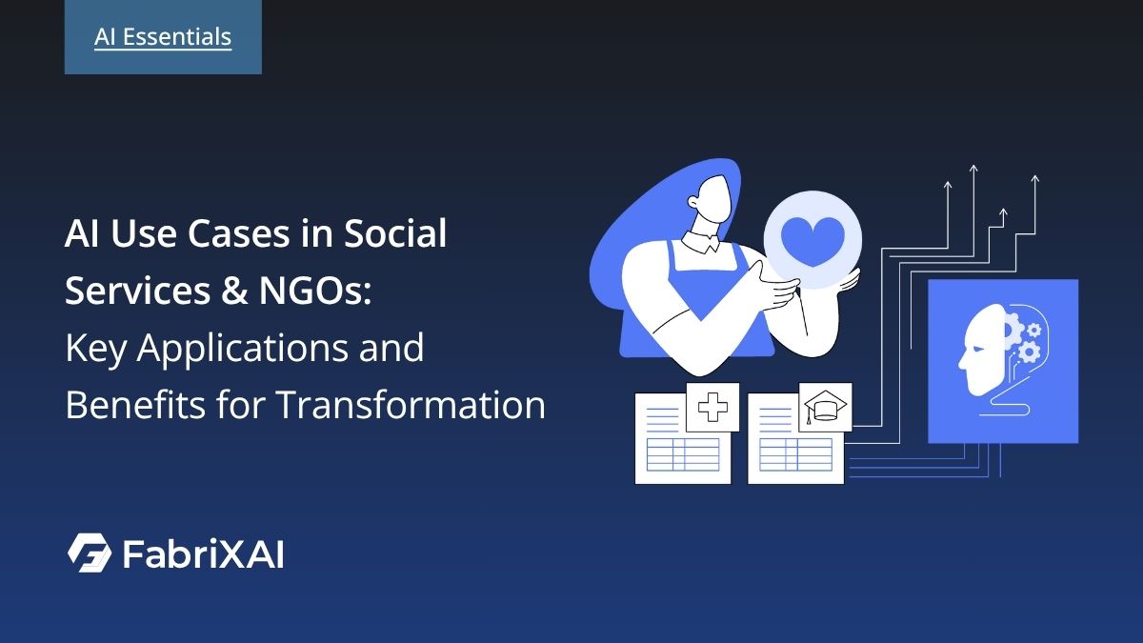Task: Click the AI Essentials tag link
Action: (x=163, y=37)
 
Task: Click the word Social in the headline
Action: (x=394, y=234)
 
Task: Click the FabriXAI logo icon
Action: (x=89, y=553)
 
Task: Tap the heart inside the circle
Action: (x=812, y=241)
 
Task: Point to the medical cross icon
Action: (x=712, y=409)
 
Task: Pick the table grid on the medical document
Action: (x=682, y=455)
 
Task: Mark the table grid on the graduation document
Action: (x=794, y=455)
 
